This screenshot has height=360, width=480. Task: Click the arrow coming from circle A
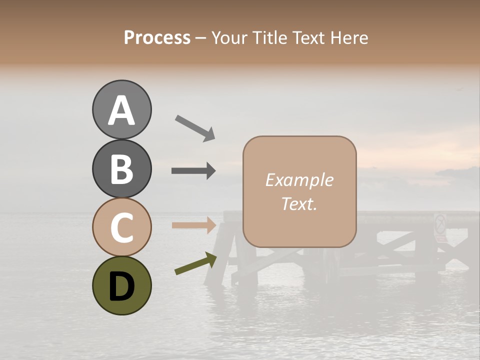pos(195,127)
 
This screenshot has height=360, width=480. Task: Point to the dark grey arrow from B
pos(193,170)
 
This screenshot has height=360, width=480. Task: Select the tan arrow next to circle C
pos(194,225)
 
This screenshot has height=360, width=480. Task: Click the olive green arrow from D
pos(195,264)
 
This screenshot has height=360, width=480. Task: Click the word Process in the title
pos(157,38)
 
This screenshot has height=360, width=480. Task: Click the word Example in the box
pos(299,180)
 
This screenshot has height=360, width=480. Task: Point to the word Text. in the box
pos(299,204)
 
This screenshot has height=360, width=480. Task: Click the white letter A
pos(122,110)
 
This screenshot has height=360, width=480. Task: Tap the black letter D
pos(121,287)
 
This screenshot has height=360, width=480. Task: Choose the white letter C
pos(121,228)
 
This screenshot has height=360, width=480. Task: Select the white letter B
pos(121,169)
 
